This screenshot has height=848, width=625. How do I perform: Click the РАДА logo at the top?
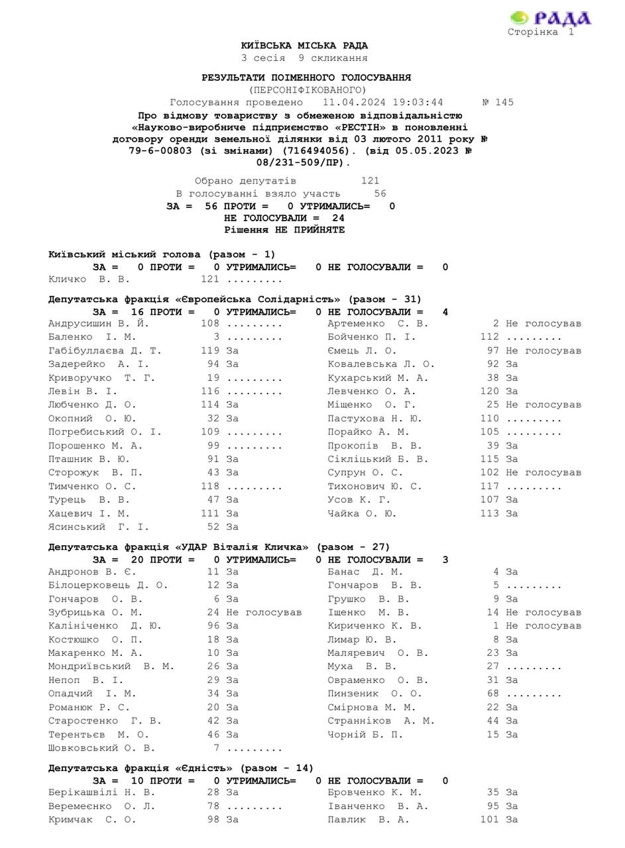551,18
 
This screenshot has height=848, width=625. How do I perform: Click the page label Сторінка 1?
540,32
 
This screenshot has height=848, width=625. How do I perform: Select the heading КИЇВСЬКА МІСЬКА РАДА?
304,46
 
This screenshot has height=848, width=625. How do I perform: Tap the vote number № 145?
497,103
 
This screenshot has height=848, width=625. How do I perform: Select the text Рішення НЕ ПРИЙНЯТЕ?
284,230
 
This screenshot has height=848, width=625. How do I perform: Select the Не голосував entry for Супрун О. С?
543,473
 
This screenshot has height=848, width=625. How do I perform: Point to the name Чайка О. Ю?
362,513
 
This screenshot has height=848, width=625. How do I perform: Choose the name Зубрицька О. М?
95,613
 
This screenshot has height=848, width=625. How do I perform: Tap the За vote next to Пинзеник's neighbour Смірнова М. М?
512,708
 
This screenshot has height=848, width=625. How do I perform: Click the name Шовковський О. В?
101,748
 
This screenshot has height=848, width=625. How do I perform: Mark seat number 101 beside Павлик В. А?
489,820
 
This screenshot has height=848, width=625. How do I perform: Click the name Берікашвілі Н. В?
101,793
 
